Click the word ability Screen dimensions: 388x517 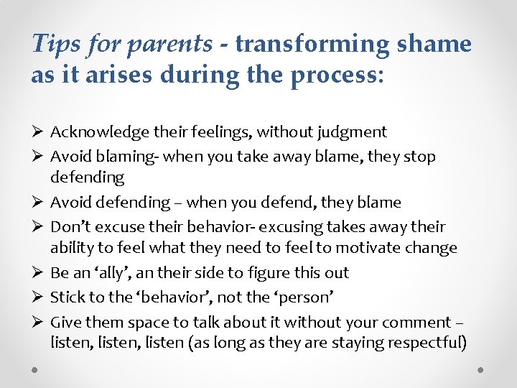coord(71,249)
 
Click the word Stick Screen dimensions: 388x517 coord(66,297)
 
